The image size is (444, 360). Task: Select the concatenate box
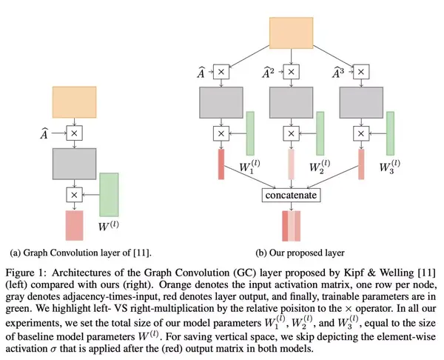click(291, 196)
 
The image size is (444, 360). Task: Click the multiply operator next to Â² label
click(292, 73)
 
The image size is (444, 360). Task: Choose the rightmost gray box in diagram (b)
click(361, 102)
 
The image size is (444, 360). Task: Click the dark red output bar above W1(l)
click(221, 164)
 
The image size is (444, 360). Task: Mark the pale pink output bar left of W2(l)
click(292, 164)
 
